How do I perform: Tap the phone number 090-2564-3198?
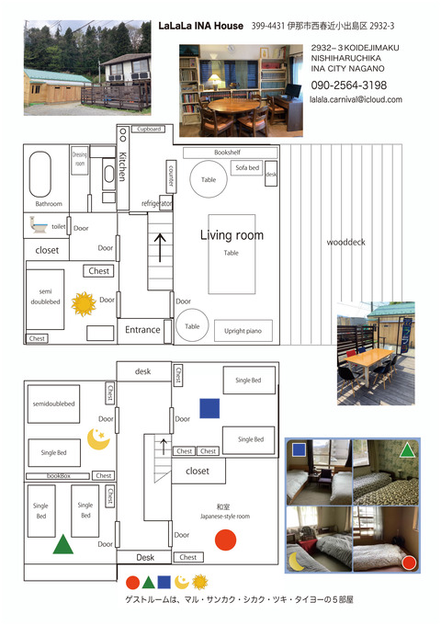348,85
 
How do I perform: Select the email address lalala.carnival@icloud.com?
356,99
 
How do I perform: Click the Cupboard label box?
148,130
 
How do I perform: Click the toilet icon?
40,223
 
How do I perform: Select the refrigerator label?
157,202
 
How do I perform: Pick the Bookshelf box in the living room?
227,152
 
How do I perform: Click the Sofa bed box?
247,168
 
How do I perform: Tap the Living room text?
232,235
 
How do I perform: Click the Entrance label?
142,330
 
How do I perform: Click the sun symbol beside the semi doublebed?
84,303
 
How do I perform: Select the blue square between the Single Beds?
209,408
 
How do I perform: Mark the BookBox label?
57,476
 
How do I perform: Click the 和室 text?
224,506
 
